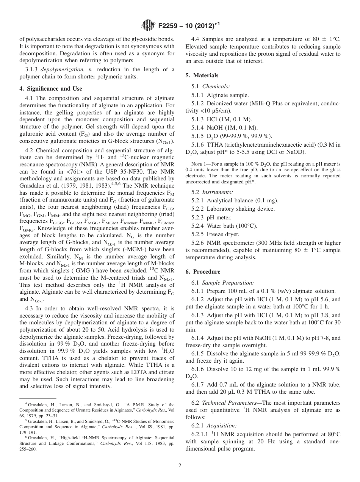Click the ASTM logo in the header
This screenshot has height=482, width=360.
click(x=148, y=25)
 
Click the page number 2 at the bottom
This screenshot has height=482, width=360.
click(x=180, y=466)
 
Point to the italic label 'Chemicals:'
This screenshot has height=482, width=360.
click(x=216, y=86)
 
